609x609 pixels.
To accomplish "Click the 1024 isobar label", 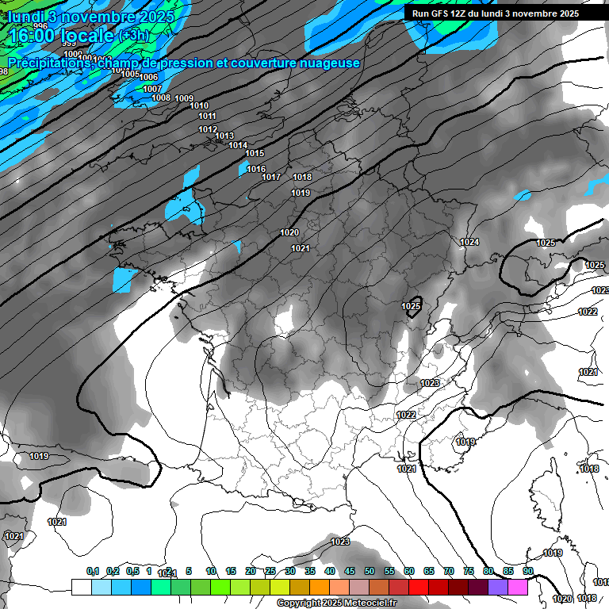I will pos(469,242).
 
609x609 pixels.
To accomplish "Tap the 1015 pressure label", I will pos(255,153).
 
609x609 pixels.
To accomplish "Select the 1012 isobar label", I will pos(208,129).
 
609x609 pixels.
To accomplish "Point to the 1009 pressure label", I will pos(184,98).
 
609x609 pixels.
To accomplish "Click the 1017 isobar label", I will pos(271,177).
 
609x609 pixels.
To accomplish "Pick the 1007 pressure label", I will pos(153,89).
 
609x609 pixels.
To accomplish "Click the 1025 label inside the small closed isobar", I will pos(411,306).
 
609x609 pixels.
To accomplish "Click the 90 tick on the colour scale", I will pos(527,571).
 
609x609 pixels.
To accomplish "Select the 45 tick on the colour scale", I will pos(350,571).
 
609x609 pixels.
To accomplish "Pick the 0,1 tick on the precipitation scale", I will pos(93,571).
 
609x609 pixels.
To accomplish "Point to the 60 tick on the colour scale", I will pos(409,571).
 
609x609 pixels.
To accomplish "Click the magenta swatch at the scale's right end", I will pos(518,587).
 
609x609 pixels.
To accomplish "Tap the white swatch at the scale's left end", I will pos(81,587).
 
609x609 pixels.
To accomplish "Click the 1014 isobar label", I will pos(238,145).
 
